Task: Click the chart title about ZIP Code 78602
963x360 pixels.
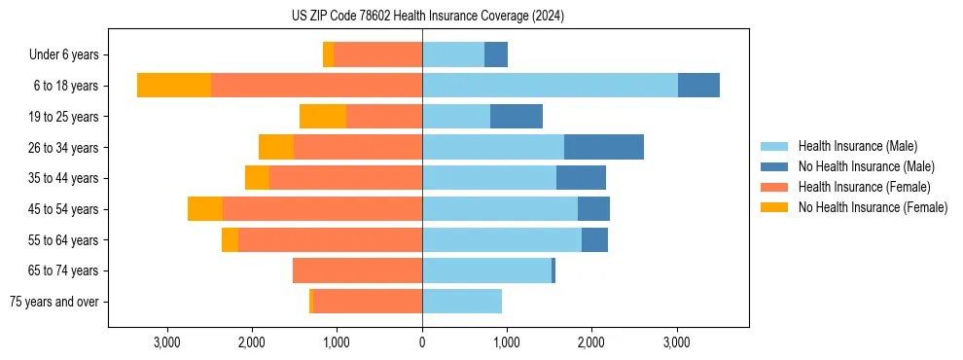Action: pyautogui.click(x=428, y=17)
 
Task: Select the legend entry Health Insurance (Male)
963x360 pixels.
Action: pyautogui.click(x=857, y=146)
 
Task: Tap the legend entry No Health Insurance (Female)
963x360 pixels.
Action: pyautogui.click(x=873, y=207)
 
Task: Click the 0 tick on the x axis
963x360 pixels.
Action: pyautogui.click(x=422, y=342)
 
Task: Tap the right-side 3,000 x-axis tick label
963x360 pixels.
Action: pyautogui.click(x=677, y=342)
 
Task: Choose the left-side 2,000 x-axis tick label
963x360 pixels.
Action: pyautogui.click(x=252, y=342)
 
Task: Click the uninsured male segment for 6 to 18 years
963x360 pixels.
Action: pyautogui.click(x=698, y=86)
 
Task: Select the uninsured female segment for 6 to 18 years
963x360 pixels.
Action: pyautogui.click(x=174, y=86)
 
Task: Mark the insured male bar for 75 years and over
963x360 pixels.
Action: pyautogui.click(x=462, y=302)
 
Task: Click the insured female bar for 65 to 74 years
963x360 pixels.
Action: pyautogui.click(x=357, y=270)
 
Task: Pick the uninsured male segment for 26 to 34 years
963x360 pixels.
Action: pyautogui.click(x=604, y=147)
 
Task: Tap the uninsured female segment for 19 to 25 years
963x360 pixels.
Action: pyautogui.click(x=323, y=117)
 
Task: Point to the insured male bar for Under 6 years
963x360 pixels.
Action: pyautogui.click(x=453, y=54)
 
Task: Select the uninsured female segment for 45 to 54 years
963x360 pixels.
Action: pyautogui.click(x=205, y=209)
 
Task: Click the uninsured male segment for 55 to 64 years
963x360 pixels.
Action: pyautogui.click(x=594, y=239)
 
